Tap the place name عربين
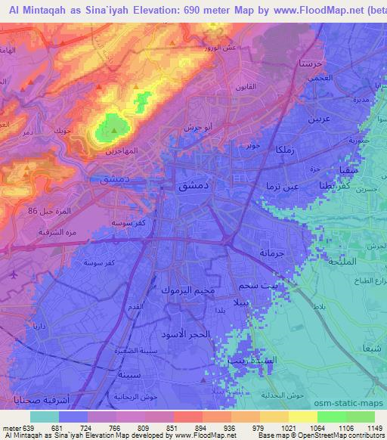[318, 119]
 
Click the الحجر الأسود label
[185, 333]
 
